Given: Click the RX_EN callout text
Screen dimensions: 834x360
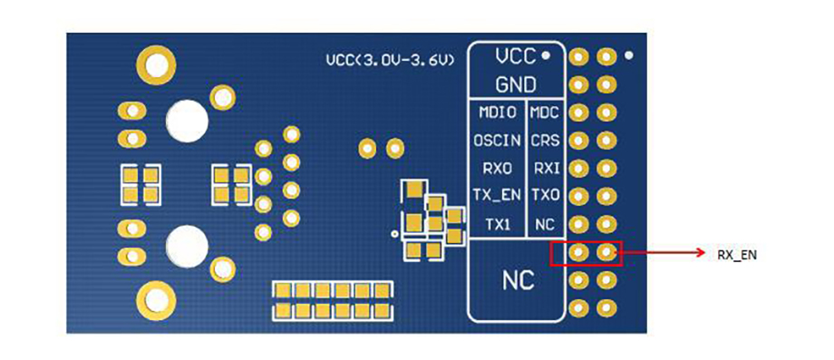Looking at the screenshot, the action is tap(737, 255).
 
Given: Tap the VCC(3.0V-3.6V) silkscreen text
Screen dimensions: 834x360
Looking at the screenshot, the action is tap(391, 61).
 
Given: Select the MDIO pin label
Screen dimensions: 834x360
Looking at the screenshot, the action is tap(498, 112).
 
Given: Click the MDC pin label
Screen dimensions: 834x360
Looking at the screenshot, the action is tap(545, 112).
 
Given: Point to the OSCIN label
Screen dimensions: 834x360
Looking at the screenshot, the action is tap(498, 141).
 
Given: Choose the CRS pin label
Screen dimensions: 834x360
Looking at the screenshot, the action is tap(545, 141).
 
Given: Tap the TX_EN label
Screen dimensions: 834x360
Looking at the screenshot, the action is tap(498, 196).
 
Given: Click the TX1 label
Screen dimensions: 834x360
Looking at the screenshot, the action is tap(498, 225).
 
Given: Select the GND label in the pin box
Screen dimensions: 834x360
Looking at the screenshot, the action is tap(516, 84).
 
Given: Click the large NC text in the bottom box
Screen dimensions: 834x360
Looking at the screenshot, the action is tap(519, 280).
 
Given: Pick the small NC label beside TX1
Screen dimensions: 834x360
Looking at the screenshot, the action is tap(545, 225).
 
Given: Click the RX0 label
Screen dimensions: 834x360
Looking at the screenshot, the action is tap(498, 169).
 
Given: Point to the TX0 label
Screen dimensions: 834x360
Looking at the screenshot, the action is tap(545, 196).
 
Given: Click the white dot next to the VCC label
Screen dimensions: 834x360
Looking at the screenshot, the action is tap(545, 54).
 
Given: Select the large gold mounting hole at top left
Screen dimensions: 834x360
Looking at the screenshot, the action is tap(156, 65).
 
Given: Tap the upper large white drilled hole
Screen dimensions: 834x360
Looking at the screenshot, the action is tap(187, 121).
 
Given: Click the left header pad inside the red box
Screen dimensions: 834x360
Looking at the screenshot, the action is tap(578, 252).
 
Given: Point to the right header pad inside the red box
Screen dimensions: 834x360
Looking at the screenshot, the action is tap(606, 252).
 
